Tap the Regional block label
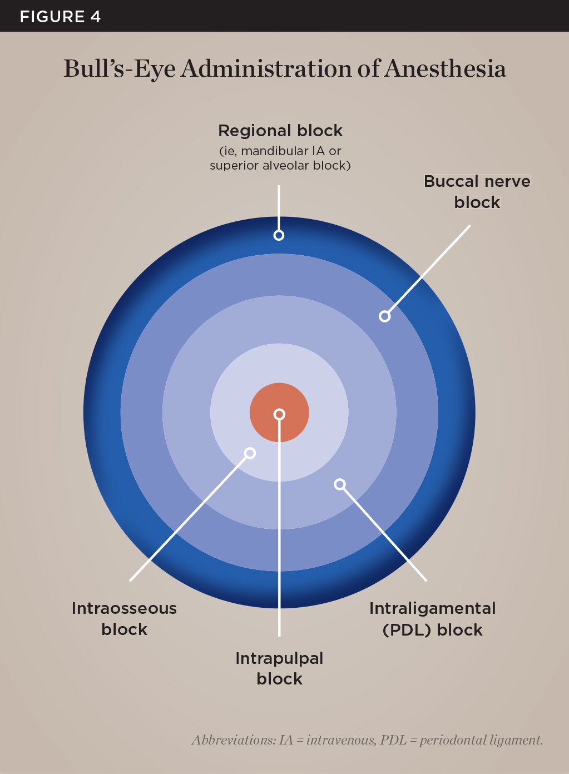(280, 131)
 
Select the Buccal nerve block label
(477, 191)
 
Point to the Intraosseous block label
(124, 618)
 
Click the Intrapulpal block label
(279, 668)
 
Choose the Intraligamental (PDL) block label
(432, 619)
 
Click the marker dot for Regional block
(279, 235)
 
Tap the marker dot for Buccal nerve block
(384, 316)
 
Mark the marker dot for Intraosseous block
(250, 453)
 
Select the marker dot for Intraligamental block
(339, 484)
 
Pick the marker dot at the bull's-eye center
(279, 414)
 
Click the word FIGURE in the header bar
(52, 17)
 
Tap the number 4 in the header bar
(95, 17)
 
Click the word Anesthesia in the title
(445, 69)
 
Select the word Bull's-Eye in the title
(119, 69)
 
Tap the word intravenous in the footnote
(340, 740)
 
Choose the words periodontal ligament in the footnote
(481, 740)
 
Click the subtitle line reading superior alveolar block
(280, 166)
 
